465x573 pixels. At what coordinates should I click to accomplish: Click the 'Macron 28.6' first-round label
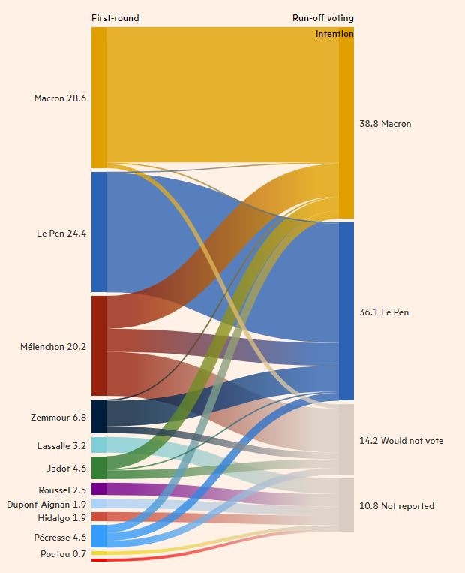tap(60, 98)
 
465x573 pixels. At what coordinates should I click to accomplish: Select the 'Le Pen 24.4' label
tap(61, 234)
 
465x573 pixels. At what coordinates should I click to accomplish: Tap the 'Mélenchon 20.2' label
tap(53, 347)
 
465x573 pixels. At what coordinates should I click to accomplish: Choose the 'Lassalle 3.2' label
tap(61, 446)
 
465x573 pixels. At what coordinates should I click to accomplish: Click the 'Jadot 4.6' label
tap(67, 469)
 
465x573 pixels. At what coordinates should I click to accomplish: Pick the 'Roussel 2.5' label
tap(63, 490)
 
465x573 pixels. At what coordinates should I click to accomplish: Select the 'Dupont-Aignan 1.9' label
tap(46, 504)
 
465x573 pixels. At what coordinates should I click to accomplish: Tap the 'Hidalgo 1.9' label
tap(62, 517)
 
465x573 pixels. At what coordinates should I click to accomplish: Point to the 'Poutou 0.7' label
tap(63, 554)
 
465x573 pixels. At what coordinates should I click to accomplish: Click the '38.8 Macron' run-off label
tap(385, 124)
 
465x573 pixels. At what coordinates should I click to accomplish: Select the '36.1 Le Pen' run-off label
tap(385, 312)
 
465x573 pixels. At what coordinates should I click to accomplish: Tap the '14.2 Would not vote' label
tap(401, 441)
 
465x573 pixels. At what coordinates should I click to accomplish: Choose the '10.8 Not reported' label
tap(397, 506)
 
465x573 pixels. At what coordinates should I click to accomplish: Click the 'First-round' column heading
tap(115, 18)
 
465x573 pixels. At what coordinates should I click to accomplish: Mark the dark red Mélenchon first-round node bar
tap(99, 345)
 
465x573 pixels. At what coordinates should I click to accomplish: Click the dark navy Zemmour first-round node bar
tap(99, 416)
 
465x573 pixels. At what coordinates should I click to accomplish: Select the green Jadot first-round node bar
tap(99, 468)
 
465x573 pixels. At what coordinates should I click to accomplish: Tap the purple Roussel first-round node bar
tap(99, 489)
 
